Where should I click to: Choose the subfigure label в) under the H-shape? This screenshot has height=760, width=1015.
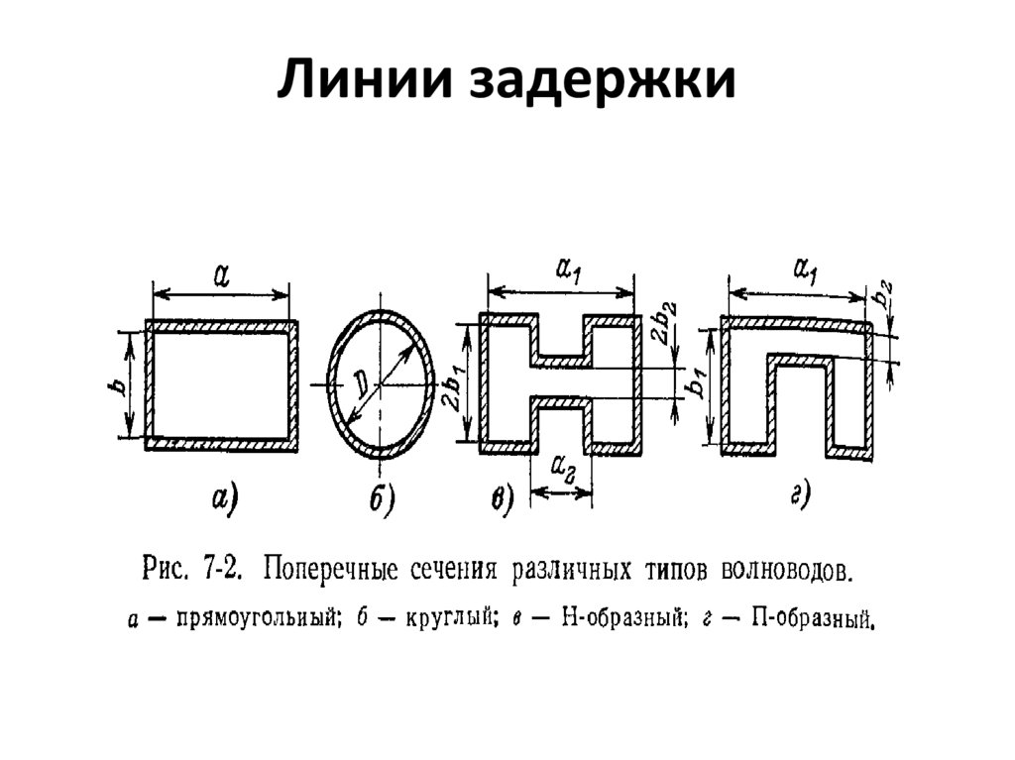[x=503, y=501]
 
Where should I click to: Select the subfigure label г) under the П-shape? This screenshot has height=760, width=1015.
[x=801, y=495]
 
